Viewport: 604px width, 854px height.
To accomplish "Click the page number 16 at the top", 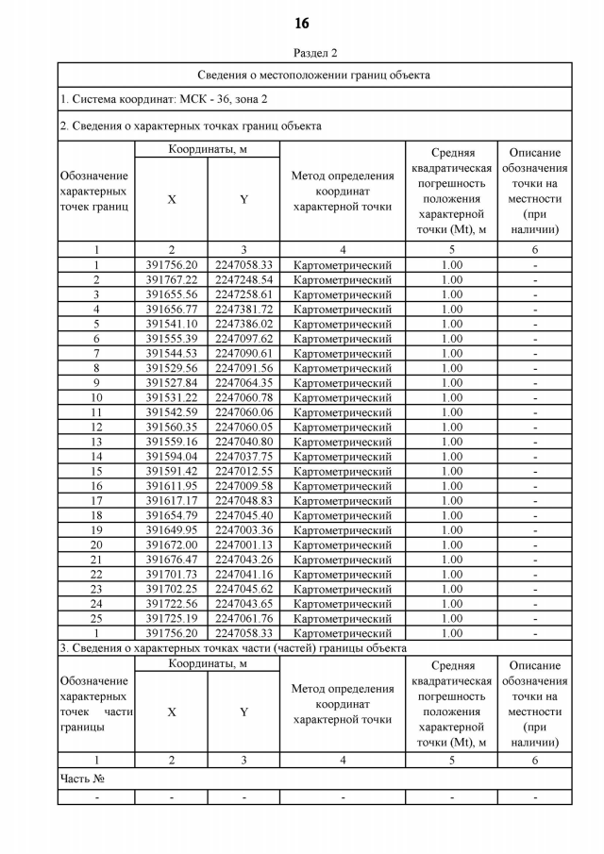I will tap(302, 23).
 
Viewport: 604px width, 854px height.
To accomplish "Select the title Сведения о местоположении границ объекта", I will tap(313, 75).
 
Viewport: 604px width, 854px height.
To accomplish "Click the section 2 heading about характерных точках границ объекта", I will tap(190, 126).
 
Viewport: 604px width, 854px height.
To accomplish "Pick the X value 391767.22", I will tap(171, 280).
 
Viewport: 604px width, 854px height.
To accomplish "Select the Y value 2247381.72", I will tap(243, 310).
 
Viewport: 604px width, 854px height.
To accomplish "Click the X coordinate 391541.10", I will tap(171, 324).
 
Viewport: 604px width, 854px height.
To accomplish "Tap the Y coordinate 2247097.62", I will tap(243, 339).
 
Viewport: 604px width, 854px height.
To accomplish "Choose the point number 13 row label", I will tap(96, 442).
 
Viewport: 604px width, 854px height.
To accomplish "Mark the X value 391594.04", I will tap(171, 457).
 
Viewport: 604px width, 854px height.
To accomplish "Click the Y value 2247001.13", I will tap(243, 544).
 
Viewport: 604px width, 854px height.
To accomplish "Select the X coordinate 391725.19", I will tap(171, 618).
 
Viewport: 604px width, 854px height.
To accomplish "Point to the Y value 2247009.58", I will tap(243, 486).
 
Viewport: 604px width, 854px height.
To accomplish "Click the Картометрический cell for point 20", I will tap(342, 544).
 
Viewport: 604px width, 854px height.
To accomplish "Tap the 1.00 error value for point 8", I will tap(451, 368).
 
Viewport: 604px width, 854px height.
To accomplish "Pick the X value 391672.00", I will tap(171, 544).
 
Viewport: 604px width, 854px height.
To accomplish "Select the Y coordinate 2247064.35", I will tap(243, 383).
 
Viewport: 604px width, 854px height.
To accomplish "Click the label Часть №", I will tap(82, 779).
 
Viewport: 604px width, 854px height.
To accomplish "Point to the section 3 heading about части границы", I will tap(232, 648).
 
